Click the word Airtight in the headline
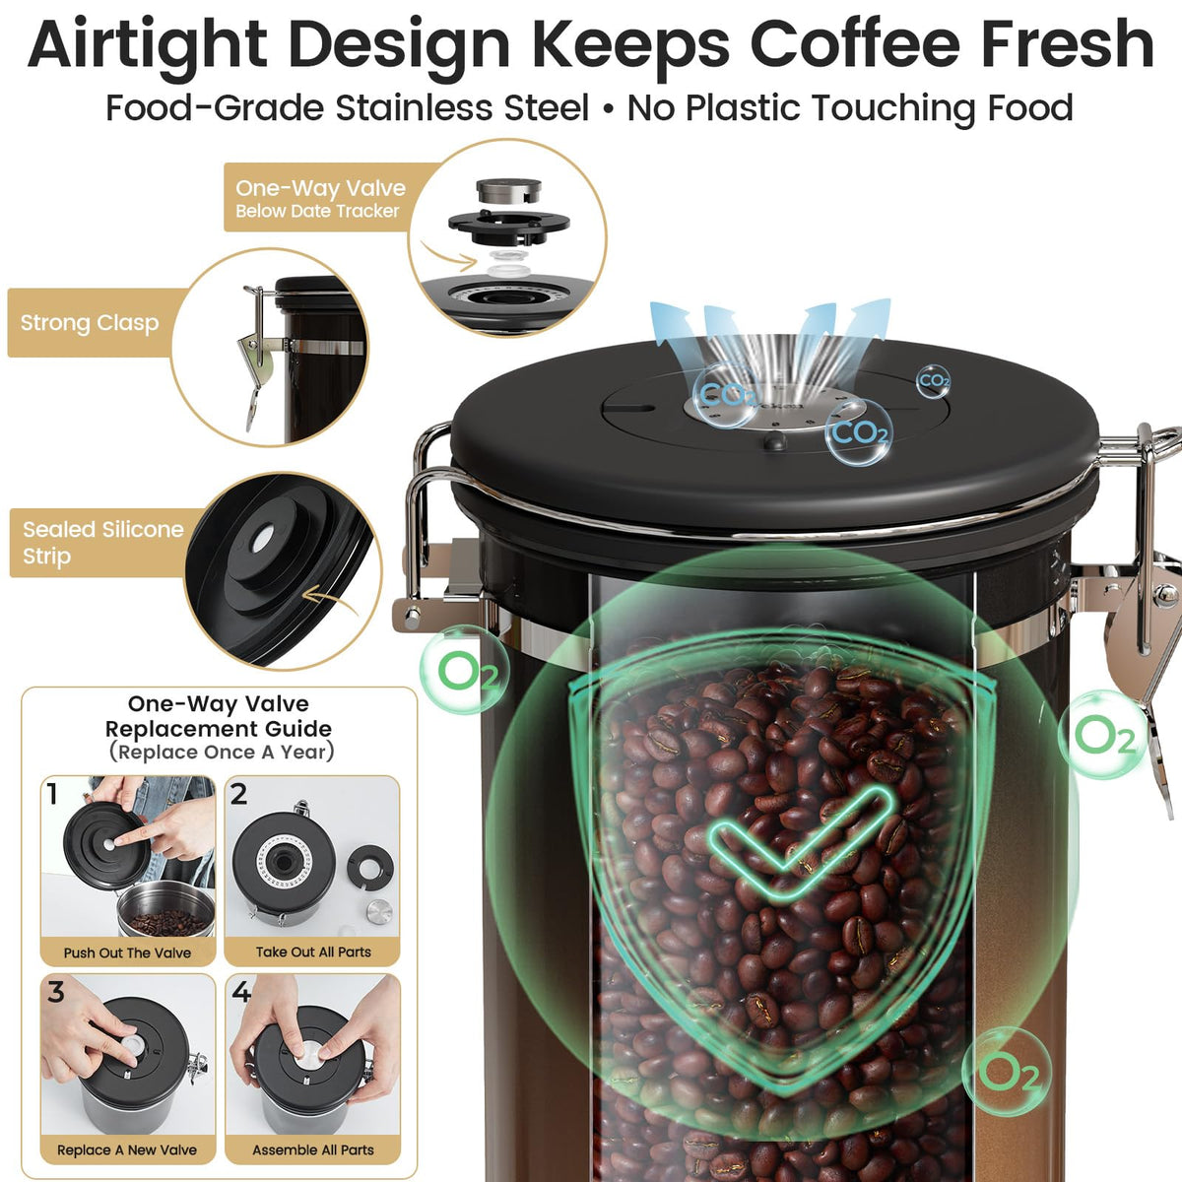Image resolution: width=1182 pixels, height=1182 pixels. (147, 44)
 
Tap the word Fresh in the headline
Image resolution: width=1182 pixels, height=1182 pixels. (1068, 43)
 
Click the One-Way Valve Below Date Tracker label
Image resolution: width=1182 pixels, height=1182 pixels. (320, 198)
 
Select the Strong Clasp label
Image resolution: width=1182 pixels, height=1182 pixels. (90, 323)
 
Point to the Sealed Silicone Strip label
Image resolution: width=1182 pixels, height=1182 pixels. (103, 542)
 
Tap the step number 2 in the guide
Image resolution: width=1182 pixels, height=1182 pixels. (238, 794)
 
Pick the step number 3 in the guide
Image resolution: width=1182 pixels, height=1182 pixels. (56, 992)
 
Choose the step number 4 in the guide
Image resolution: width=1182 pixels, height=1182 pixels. (241, 992)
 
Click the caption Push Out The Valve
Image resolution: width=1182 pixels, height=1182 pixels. (128, 952)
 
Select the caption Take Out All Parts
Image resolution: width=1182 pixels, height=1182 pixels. (313, 952)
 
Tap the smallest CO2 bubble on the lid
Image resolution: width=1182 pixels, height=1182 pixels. (934, 381)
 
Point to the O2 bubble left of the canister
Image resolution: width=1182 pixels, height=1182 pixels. (464, 671)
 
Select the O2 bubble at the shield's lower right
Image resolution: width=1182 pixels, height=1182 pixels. (1006, 1072)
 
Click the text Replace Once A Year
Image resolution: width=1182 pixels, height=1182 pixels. (222, 752)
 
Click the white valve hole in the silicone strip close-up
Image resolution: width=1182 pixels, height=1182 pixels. (263, 539)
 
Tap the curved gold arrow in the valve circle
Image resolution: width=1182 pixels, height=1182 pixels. (449, 255)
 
